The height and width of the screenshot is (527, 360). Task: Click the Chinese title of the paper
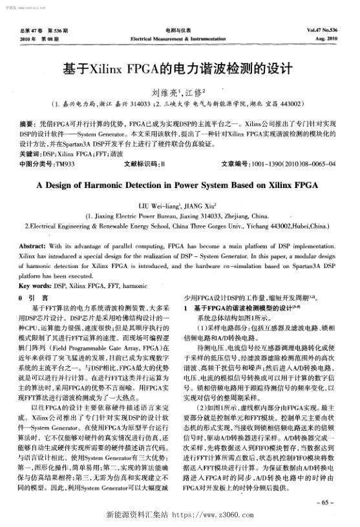click(x=179, y=67)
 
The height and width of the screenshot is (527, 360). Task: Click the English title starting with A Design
click(x=180, y=184)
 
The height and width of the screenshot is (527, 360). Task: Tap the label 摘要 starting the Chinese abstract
click(x=26, y=122)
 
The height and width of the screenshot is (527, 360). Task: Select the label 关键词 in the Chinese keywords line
click(x=30, y=155)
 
